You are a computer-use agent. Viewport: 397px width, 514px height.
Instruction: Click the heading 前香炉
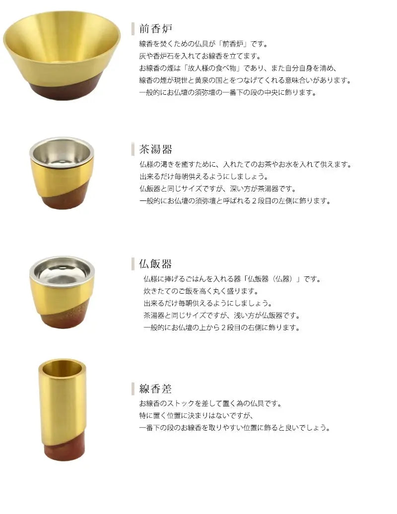156,29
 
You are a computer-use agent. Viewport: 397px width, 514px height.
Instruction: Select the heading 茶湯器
156,149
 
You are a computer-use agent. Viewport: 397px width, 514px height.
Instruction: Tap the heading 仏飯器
155,264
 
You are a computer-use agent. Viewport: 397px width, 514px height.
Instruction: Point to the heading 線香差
155,389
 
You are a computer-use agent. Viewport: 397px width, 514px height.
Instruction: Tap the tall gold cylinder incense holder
63,410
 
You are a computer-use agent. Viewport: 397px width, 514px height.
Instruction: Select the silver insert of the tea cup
62,153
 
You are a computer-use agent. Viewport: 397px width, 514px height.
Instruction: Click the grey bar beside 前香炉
133,29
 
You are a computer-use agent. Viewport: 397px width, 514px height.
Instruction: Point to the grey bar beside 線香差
133,389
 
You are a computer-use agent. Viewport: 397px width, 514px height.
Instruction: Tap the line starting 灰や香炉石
200,56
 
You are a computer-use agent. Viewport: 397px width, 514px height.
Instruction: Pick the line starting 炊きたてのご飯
201,291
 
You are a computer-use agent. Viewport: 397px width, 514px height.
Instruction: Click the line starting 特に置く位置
197,416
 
